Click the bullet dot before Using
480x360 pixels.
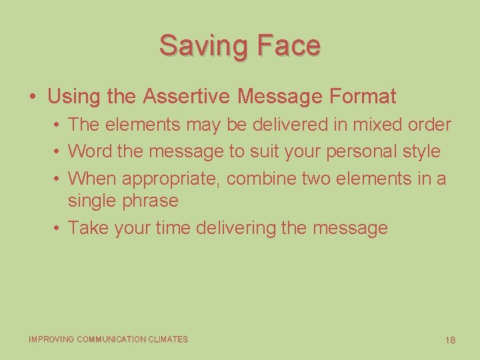coord(33,97)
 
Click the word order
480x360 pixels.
coord(428,125)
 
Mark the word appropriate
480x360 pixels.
coord(172,179)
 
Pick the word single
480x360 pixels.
coord(90,201)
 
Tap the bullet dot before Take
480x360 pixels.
coord(59,228)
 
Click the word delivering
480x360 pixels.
coord(236,228)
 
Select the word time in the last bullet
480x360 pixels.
coord(173,228)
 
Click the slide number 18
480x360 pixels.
coord(451,341)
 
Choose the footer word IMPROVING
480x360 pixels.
coord(52,339)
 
